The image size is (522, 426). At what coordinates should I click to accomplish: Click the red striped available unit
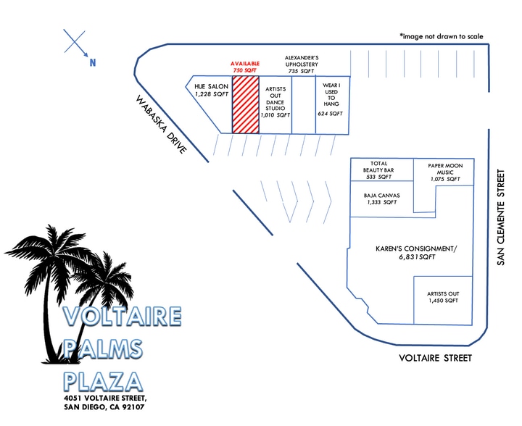point(245,104)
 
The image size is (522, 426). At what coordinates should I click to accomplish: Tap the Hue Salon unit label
point(211,91)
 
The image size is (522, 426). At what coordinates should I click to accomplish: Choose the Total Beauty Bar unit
point(381,170)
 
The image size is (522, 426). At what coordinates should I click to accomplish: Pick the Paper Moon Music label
point(444,171)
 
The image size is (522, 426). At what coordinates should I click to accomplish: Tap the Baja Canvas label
point(381,199)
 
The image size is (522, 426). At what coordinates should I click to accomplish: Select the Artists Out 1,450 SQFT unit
point(444,297)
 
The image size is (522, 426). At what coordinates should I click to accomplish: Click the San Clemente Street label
point(500,217)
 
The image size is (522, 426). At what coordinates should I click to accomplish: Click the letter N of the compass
point(93,63)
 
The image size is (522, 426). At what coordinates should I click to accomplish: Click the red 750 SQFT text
point(245,70)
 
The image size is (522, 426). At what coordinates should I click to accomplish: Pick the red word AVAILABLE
point(245,63)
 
